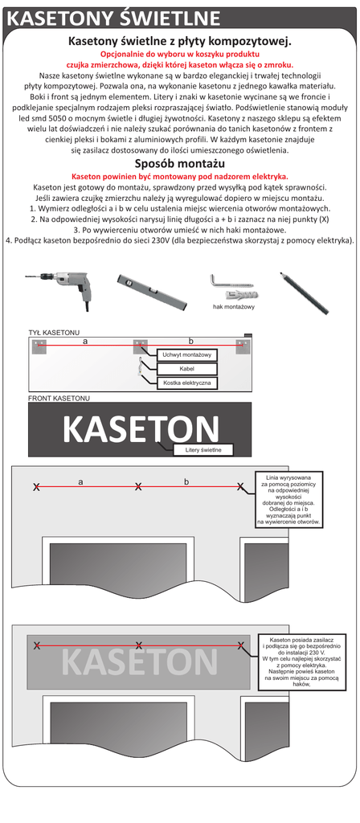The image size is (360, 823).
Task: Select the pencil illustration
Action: (305, 293)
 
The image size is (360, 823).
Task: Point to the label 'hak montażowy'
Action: (234, 306)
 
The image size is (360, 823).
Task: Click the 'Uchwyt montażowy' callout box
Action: (186, 355)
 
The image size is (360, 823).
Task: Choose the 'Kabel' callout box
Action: (186, 369)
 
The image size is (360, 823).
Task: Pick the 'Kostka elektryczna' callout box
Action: (186, 383)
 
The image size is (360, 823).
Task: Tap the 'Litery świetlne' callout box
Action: (202, 450)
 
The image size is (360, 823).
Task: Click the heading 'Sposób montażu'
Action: (180, 162)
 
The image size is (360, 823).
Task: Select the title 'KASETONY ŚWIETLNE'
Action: (113, 19)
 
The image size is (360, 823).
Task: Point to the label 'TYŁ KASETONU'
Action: (54, 333)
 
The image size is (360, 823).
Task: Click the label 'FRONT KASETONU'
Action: (59, 399)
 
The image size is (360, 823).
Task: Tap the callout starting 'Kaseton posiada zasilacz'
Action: (301, 661)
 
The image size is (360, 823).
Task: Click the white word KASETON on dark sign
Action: (141, 429)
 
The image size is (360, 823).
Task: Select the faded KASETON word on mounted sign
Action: (140, 662)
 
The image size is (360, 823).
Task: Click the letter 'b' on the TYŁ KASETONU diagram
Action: (191, 341)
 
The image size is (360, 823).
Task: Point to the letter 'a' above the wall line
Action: (80, 481)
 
